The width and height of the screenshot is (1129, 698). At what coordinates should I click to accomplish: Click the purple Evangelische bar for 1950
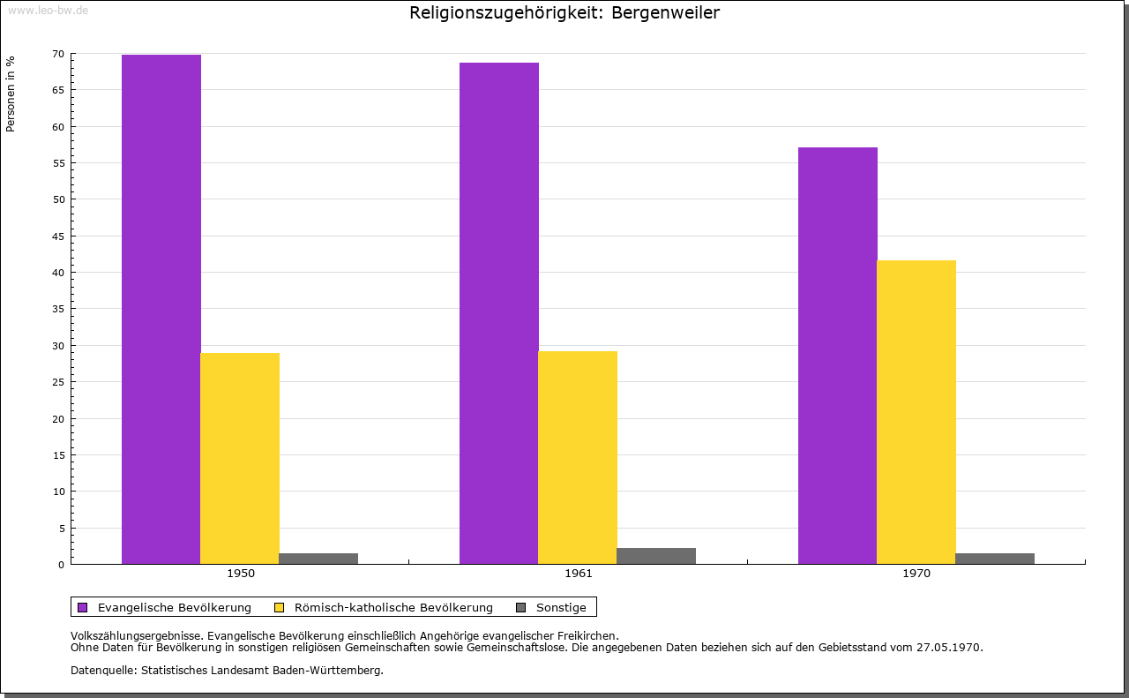coord(161,309)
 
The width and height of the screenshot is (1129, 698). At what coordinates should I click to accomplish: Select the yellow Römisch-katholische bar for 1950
coord(240,458)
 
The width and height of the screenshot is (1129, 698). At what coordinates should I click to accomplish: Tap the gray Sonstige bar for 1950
coord(318,558)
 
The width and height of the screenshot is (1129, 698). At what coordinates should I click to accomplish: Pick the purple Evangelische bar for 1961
coord(499,313)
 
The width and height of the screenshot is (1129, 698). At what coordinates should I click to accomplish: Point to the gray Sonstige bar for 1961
coord(656,556)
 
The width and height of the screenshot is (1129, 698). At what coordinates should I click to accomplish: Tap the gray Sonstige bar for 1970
coord(995,558)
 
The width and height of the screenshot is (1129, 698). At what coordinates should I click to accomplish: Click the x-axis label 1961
coord(579,574)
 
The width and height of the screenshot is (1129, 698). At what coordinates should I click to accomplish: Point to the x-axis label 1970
coord(916,574)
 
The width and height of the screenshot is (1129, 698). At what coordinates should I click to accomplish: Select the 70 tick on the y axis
coord(58,54)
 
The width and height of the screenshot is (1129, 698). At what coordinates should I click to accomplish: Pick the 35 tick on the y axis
coord(58,309)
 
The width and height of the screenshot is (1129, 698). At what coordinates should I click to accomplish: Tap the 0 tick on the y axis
coord(61,564)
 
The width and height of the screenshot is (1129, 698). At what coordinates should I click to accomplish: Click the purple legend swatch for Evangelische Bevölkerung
coord(83,607)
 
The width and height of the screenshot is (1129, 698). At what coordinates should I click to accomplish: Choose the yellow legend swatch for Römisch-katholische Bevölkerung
coord(280,607)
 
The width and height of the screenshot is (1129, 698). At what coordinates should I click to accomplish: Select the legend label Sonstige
coord(561,607)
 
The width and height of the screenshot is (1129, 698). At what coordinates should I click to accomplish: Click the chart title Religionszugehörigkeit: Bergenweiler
coord(564,13)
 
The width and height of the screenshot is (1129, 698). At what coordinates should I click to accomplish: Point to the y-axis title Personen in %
coord(11,94)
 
